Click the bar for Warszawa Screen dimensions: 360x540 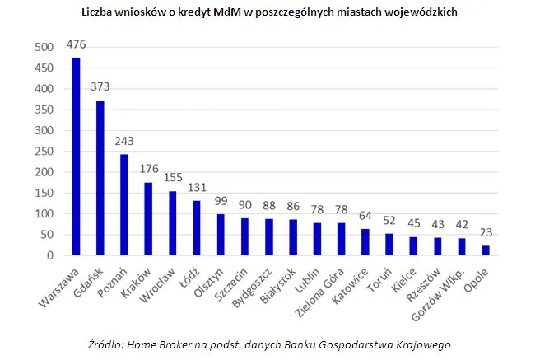tap(77, 157)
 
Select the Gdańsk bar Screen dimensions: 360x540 tap(100, 178)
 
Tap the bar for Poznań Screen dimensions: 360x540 tap(124, 205)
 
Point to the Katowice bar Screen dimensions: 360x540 tap(364, 242)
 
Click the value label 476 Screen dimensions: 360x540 tap(77, 45)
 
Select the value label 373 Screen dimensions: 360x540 tap(100, 88)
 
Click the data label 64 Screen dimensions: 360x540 tap(364, 217)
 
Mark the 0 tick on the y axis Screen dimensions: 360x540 tap(50, 255)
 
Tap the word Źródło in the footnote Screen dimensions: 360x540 tap(105, 344)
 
